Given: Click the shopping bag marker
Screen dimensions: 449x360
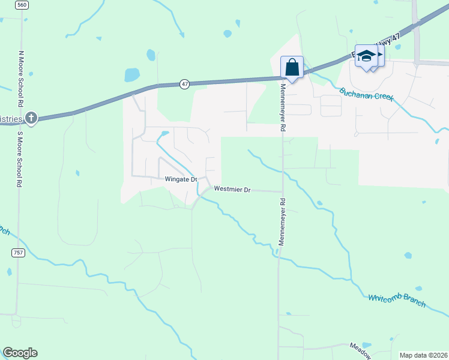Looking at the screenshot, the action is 292,67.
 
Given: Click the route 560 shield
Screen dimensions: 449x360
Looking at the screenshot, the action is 22,5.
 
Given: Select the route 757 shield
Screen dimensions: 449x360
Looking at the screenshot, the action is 18,253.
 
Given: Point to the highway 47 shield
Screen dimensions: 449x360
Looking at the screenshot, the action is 184,85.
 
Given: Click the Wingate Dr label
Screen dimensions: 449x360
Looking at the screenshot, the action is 181,179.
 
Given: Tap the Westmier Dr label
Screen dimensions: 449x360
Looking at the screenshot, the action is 232,190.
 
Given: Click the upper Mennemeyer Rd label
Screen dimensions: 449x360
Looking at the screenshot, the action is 282,108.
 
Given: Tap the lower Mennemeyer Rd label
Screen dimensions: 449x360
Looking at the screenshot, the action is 281,222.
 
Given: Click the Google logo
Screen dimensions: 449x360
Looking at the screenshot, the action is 20,353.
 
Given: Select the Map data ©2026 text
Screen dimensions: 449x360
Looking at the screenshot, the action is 423,355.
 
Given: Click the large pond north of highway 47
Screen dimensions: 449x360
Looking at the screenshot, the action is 131,75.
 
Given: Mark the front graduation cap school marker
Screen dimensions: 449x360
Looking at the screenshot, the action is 366,56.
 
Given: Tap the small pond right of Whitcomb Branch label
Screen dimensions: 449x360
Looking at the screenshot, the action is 408,256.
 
